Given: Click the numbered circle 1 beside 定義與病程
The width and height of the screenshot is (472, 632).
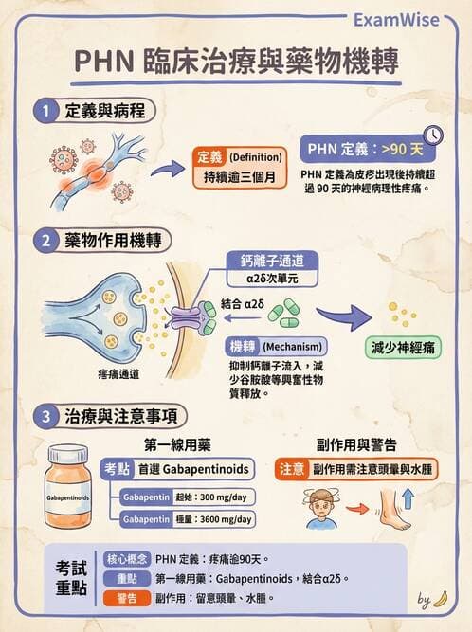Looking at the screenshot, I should (45, 110).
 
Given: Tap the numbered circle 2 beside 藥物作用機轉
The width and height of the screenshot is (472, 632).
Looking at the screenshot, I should (45, 240).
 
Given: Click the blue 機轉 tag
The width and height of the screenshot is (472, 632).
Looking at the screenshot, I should (245, 346).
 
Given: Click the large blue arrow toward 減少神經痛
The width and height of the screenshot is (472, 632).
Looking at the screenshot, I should (340, 317).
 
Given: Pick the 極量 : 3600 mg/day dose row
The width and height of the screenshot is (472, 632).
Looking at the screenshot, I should (187, 519).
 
